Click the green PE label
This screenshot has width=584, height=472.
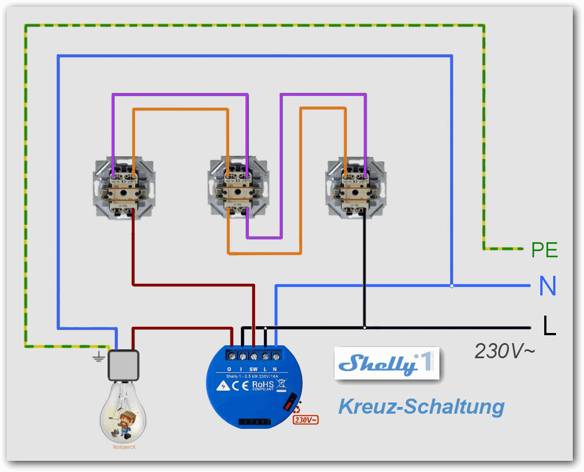tap(544, 249)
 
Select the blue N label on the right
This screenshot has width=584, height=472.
tap(548, 286)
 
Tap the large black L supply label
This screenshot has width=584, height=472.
tap(549, 326)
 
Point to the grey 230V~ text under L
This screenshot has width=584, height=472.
tap(504, 351)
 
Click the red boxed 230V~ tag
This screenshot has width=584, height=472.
tap(306, 419)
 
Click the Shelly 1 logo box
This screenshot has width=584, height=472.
tap(387, 364)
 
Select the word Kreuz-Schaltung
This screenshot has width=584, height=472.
tap(421, 406)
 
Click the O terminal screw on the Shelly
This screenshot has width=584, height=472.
tap(231, 355)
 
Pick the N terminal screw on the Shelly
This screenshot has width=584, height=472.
tap(276, 355)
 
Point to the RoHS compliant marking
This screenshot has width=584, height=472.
tap(263, 386)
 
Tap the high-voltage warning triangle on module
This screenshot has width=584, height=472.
tap(224, 386)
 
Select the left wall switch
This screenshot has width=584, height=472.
tap(123, 188)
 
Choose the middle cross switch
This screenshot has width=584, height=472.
tap(237, 188)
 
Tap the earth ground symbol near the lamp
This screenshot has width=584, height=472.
tap(99, 357)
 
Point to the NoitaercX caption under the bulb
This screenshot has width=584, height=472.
tap(124, 447)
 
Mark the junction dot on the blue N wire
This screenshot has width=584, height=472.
tap(452, 286)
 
